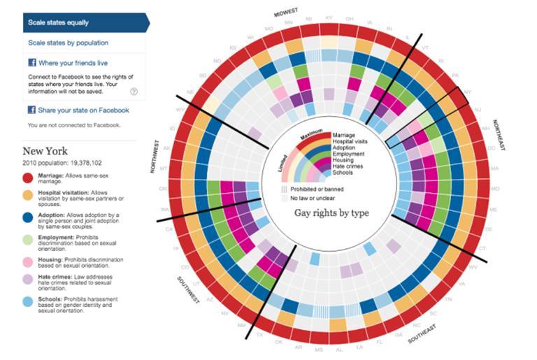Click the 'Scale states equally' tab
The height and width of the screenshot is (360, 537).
pyautogui.click(x=59, y=22)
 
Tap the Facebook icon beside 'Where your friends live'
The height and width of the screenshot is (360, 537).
pyautogui.click(x=32, y=63)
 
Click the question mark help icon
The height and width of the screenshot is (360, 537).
pyautogui.click(x=134, y=91)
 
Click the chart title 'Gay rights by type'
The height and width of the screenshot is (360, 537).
pyautogui.click(x=328, y=213)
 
